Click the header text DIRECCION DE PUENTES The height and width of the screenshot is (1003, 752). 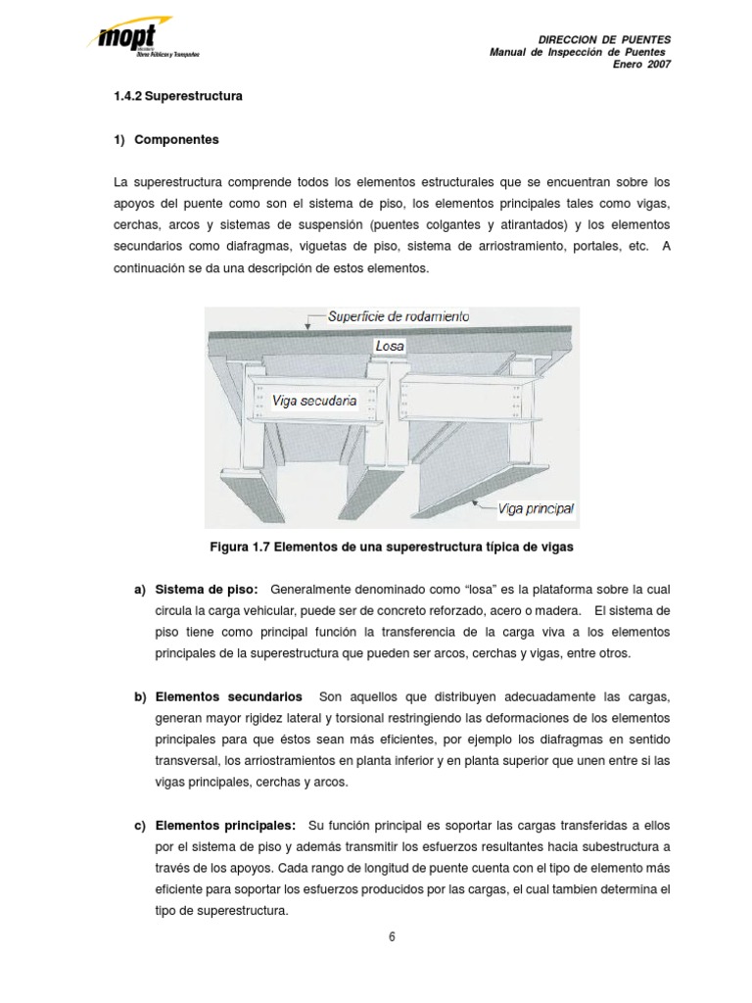pos(605,38)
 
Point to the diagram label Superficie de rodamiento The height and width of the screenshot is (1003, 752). pos(398,317)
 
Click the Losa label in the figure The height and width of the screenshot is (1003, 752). pos(389,346)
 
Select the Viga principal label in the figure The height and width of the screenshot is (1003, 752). pos(536,508)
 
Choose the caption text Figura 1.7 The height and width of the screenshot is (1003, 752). pos(238,546)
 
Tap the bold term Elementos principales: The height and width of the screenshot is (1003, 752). pos(226,826)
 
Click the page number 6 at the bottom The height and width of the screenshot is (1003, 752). pos(392,936)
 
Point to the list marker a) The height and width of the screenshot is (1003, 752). pos(140,589)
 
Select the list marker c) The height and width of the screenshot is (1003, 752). pos(140,826)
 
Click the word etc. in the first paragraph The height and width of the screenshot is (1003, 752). pos(636,247)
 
